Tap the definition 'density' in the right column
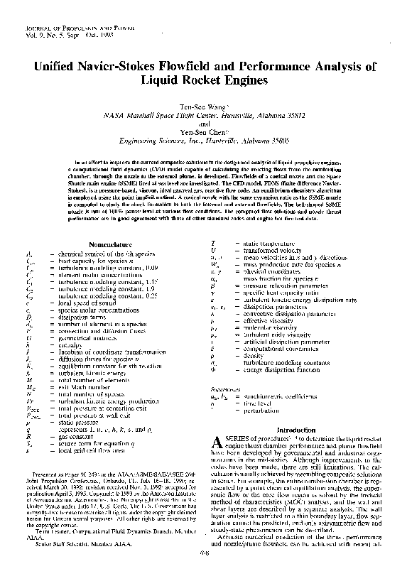pos(251,354)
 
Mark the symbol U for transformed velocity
pos(214,251)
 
